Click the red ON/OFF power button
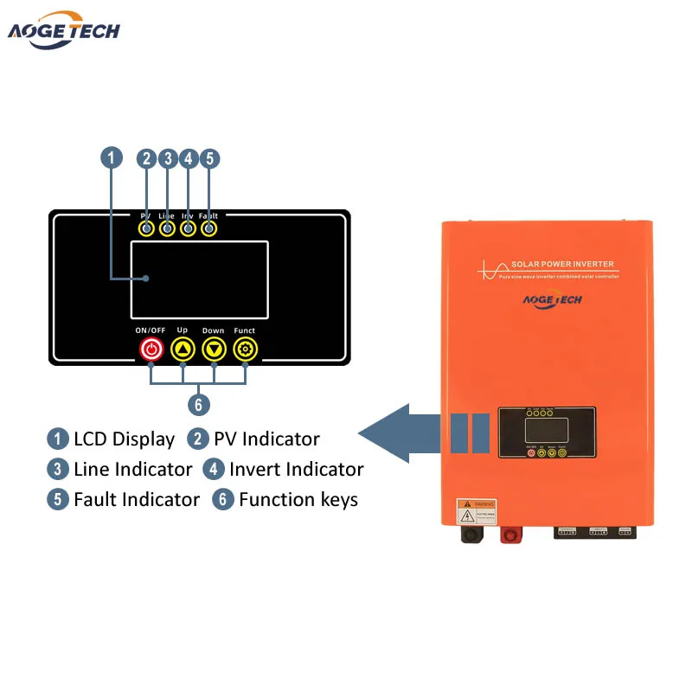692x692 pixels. (x=151, y=349)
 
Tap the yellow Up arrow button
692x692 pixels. (x=183, y=349)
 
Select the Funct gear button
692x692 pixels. (x=245, y=349)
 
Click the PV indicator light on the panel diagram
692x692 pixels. (x=146, y=228)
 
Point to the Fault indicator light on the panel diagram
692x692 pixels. (x=208, y=228)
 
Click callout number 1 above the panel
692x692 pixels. (x=112, y=158)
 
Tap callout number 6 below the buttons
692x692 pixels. (x=198, y=403)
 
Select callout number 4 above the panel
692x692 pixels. (x=188, y=158)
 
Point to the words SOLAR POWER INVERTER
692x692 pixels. (x=562, y=264)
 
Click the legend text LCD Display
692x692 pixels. (x=124, y=439)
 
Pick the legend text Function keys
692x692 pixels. (x=298, y=499)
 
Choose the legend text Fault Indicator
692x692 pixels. (x=136, y=499)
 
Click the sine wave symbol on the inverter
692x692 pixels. (x=489, y=267)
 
